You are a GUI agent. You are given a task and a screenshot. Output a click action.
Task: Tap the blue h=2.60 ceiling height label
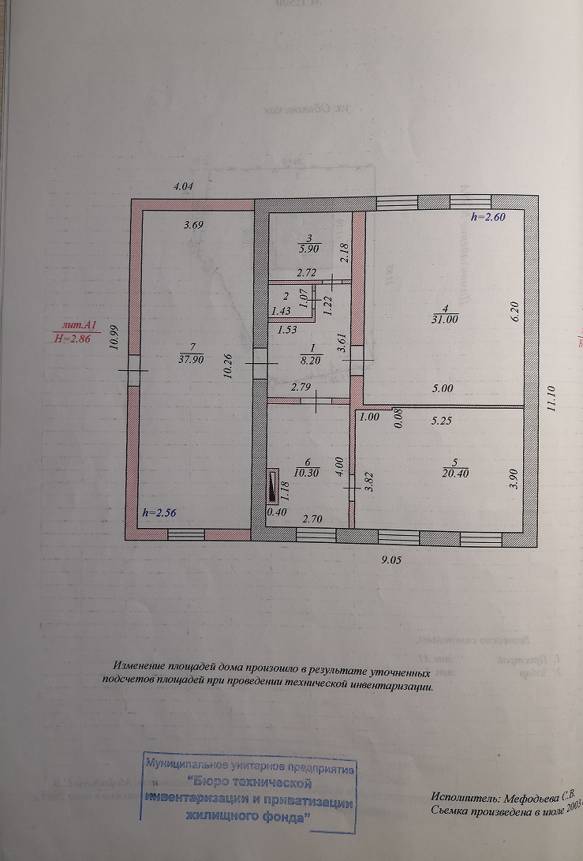click(x=488, y=217)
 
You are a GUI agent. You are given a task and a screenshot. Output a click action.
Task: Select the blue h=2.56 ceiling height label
click(x=159, y=513)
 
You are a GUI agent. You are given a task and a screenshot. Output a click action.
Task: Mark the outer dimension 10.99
click(x=114, y=337)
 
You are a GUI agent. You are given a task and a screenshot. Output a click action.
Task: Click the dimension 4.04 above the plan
click(x=183, y=186)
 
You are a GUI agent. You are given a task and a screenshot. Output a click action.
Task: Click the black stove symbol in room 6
click(x=272, y=485)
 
